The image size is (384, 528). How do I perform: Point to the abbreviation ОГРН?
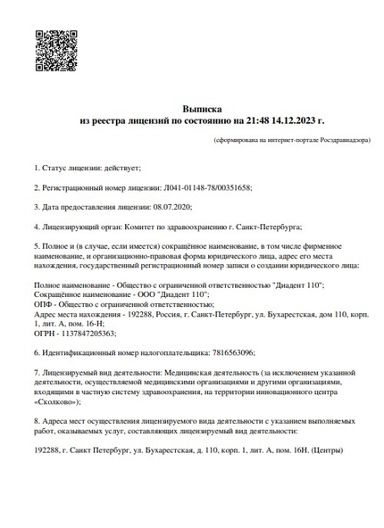tap(43, 333)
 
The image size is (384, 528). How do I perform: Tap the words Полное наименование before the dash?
tap(68, 285)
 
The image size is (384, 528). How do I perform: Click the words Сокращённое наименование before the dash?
tap(74, 294)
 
